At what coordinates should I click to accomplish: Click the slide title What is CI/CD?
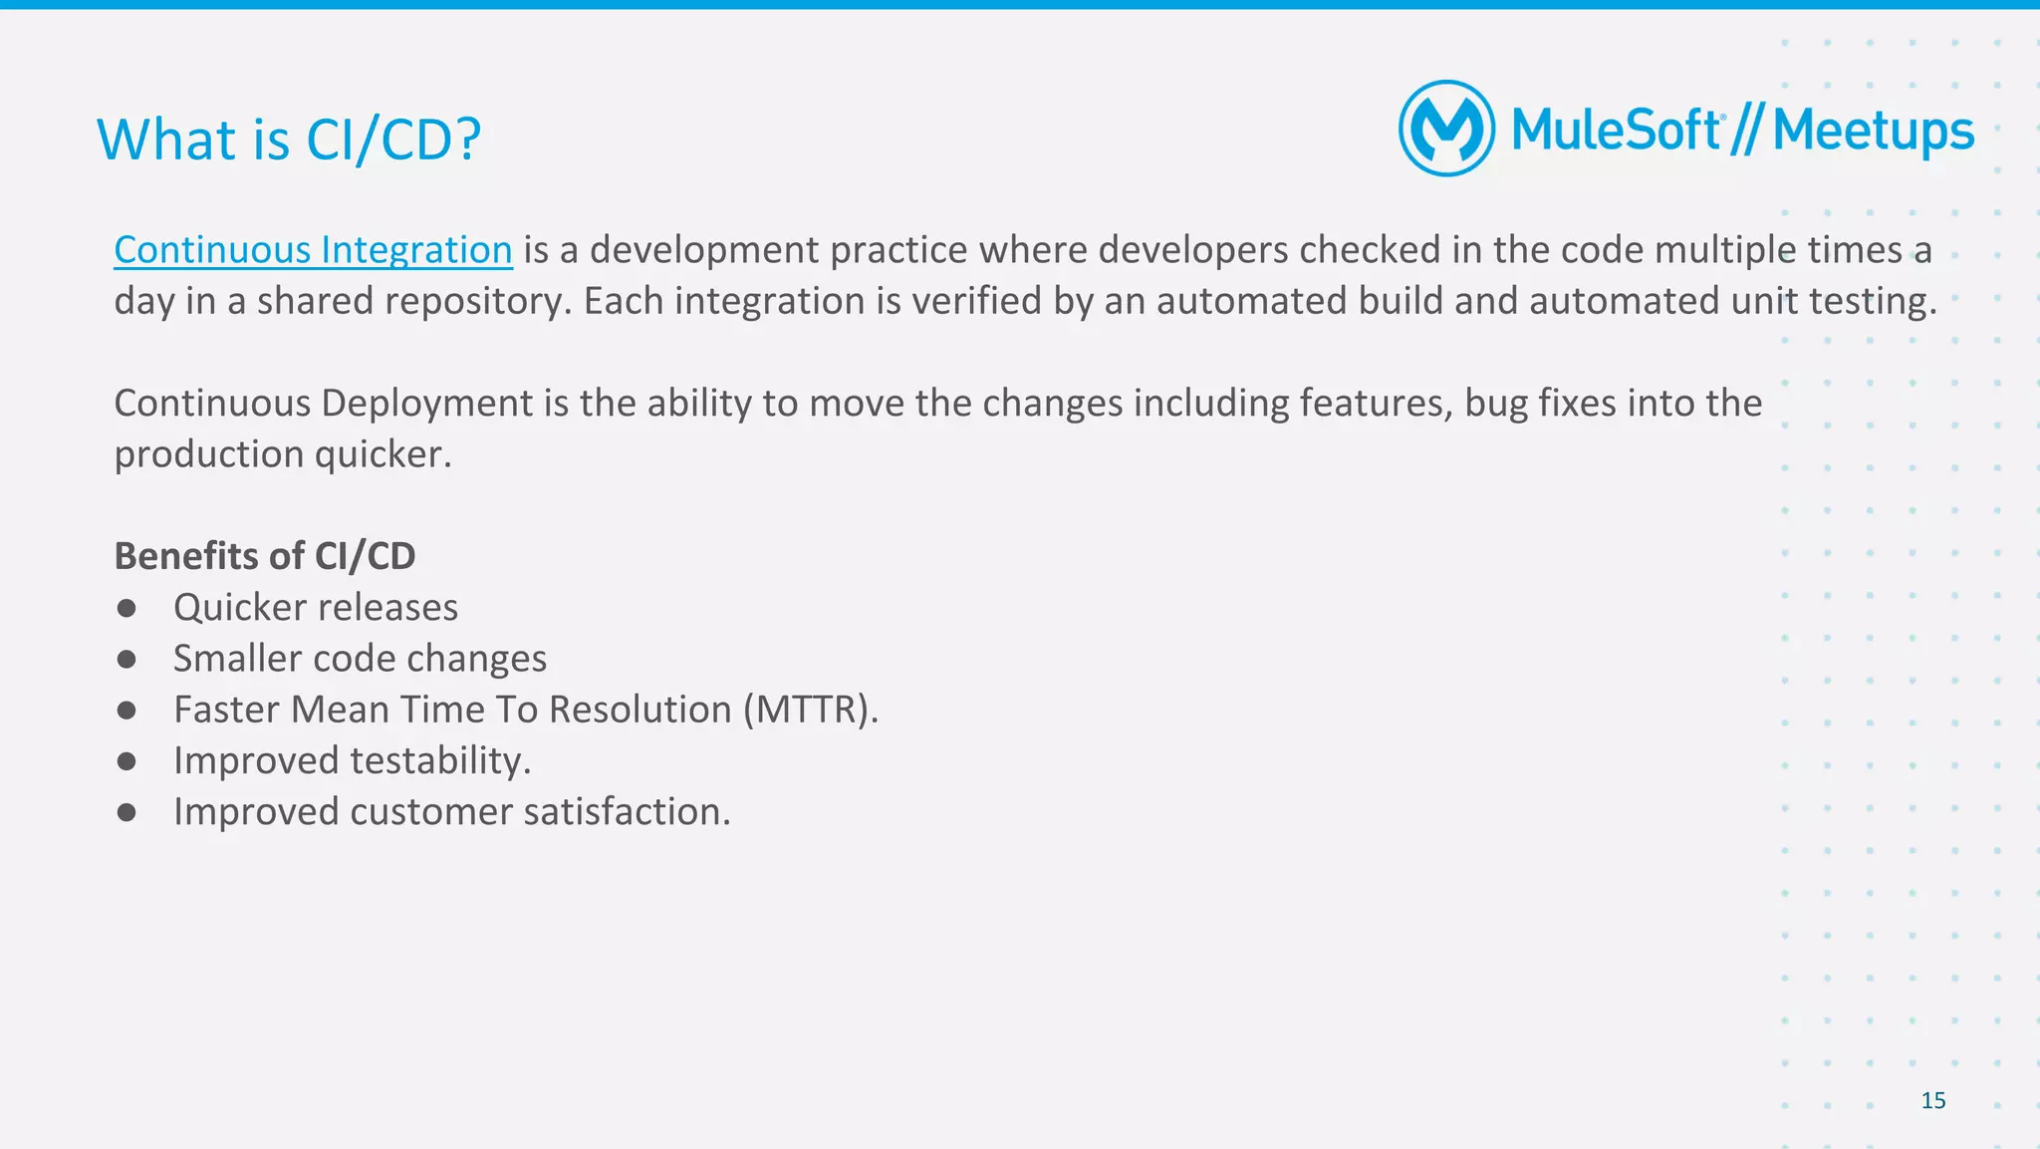pyautogui.click(x=289, y=140)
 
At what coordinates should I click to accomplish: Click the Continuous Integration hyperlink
pyautogui.click(x=313, y=250)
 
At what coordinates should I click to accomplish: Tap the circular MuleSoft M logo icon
pyautogui.click(x=1446, y=129)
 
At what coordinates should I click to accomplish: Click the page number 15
pyautogui.click(x=1932, y=1100)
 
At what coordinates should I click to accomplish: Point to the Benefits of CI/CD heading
pyautogui.click(x=265, y=556)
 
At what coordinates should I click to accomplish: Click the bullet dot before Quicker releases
pyautogui.click(x=127, y=608)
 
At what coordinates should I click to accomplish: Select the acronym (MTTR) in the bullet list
pyautogui.click(x=810, y=710)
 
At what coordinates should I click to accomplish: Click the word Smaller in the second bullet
pyautogui.click(x=237, y=659)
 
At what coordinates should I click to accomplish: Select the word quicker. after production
pyautogui.click(x=383, y=454)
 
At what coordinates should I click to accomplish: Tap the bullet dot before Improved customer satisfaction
pyautogui.click(x=127, y=812)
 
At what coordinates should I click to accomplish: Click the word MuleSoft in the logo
pyautogui.click(x=1616, y=131)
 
